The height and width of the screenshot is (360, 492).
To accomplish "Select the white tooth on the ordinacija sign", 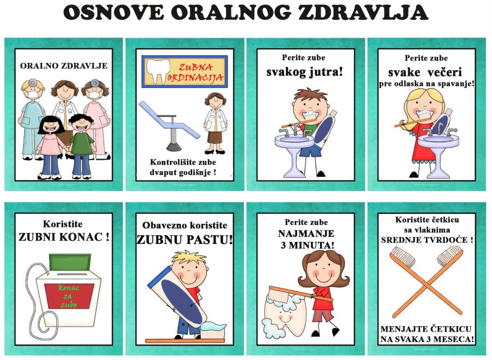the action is tap(158, 71).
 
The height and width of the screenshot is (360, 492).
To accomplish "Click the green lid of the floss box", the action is tap(70, 262).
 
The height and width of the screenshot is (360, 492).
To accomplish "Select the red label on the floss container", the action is tap(69, 296).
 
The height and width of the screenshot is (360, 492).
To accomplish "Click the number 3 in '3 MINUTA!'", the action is tap(283, 245).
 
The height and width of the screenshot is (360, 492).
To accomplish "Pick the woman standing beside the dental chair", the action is tap(215, 123).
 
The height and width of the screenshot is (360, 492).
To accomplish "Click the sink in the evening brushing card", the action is tap(438, 154).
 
